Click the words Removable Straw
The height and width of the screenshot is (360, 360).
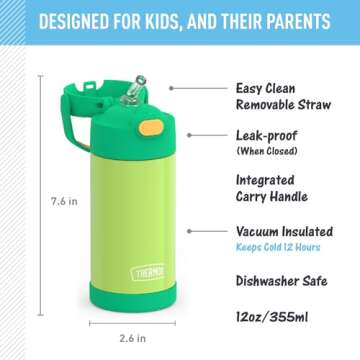281,105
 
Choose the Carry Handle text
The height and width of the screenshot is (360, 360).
272,197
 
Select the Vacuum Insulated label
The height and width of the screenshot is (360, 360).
285,231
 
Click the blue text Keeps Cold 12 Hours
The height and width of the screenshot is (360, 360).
279,246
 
